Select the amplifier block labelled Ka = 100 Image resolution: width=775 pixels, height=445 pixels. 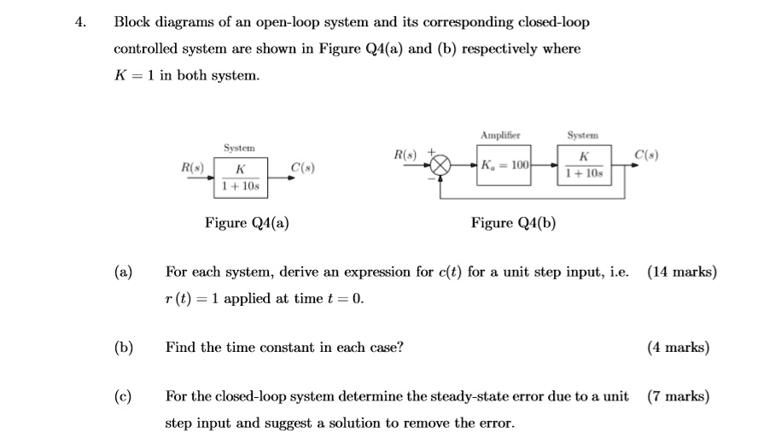tap(505, 164)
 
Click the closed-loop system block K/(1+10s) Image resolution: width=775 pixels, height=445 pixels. tap(583, 165)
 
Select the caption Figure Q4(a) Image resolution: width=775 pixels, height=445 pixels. tap(247, 223)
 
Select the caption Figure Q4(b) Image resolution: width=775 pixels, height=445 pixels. tap(513, 223)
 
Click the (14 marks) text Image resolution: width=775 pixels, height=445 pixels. tap(681, 272)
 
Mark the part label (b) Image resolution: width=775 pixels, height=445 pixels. tap(124, 347)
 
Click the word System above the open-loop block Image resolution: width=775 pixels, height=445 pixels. tap(239, 148)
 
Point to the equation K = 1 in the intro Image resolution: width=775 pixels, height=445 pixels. tap(134, 76)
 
